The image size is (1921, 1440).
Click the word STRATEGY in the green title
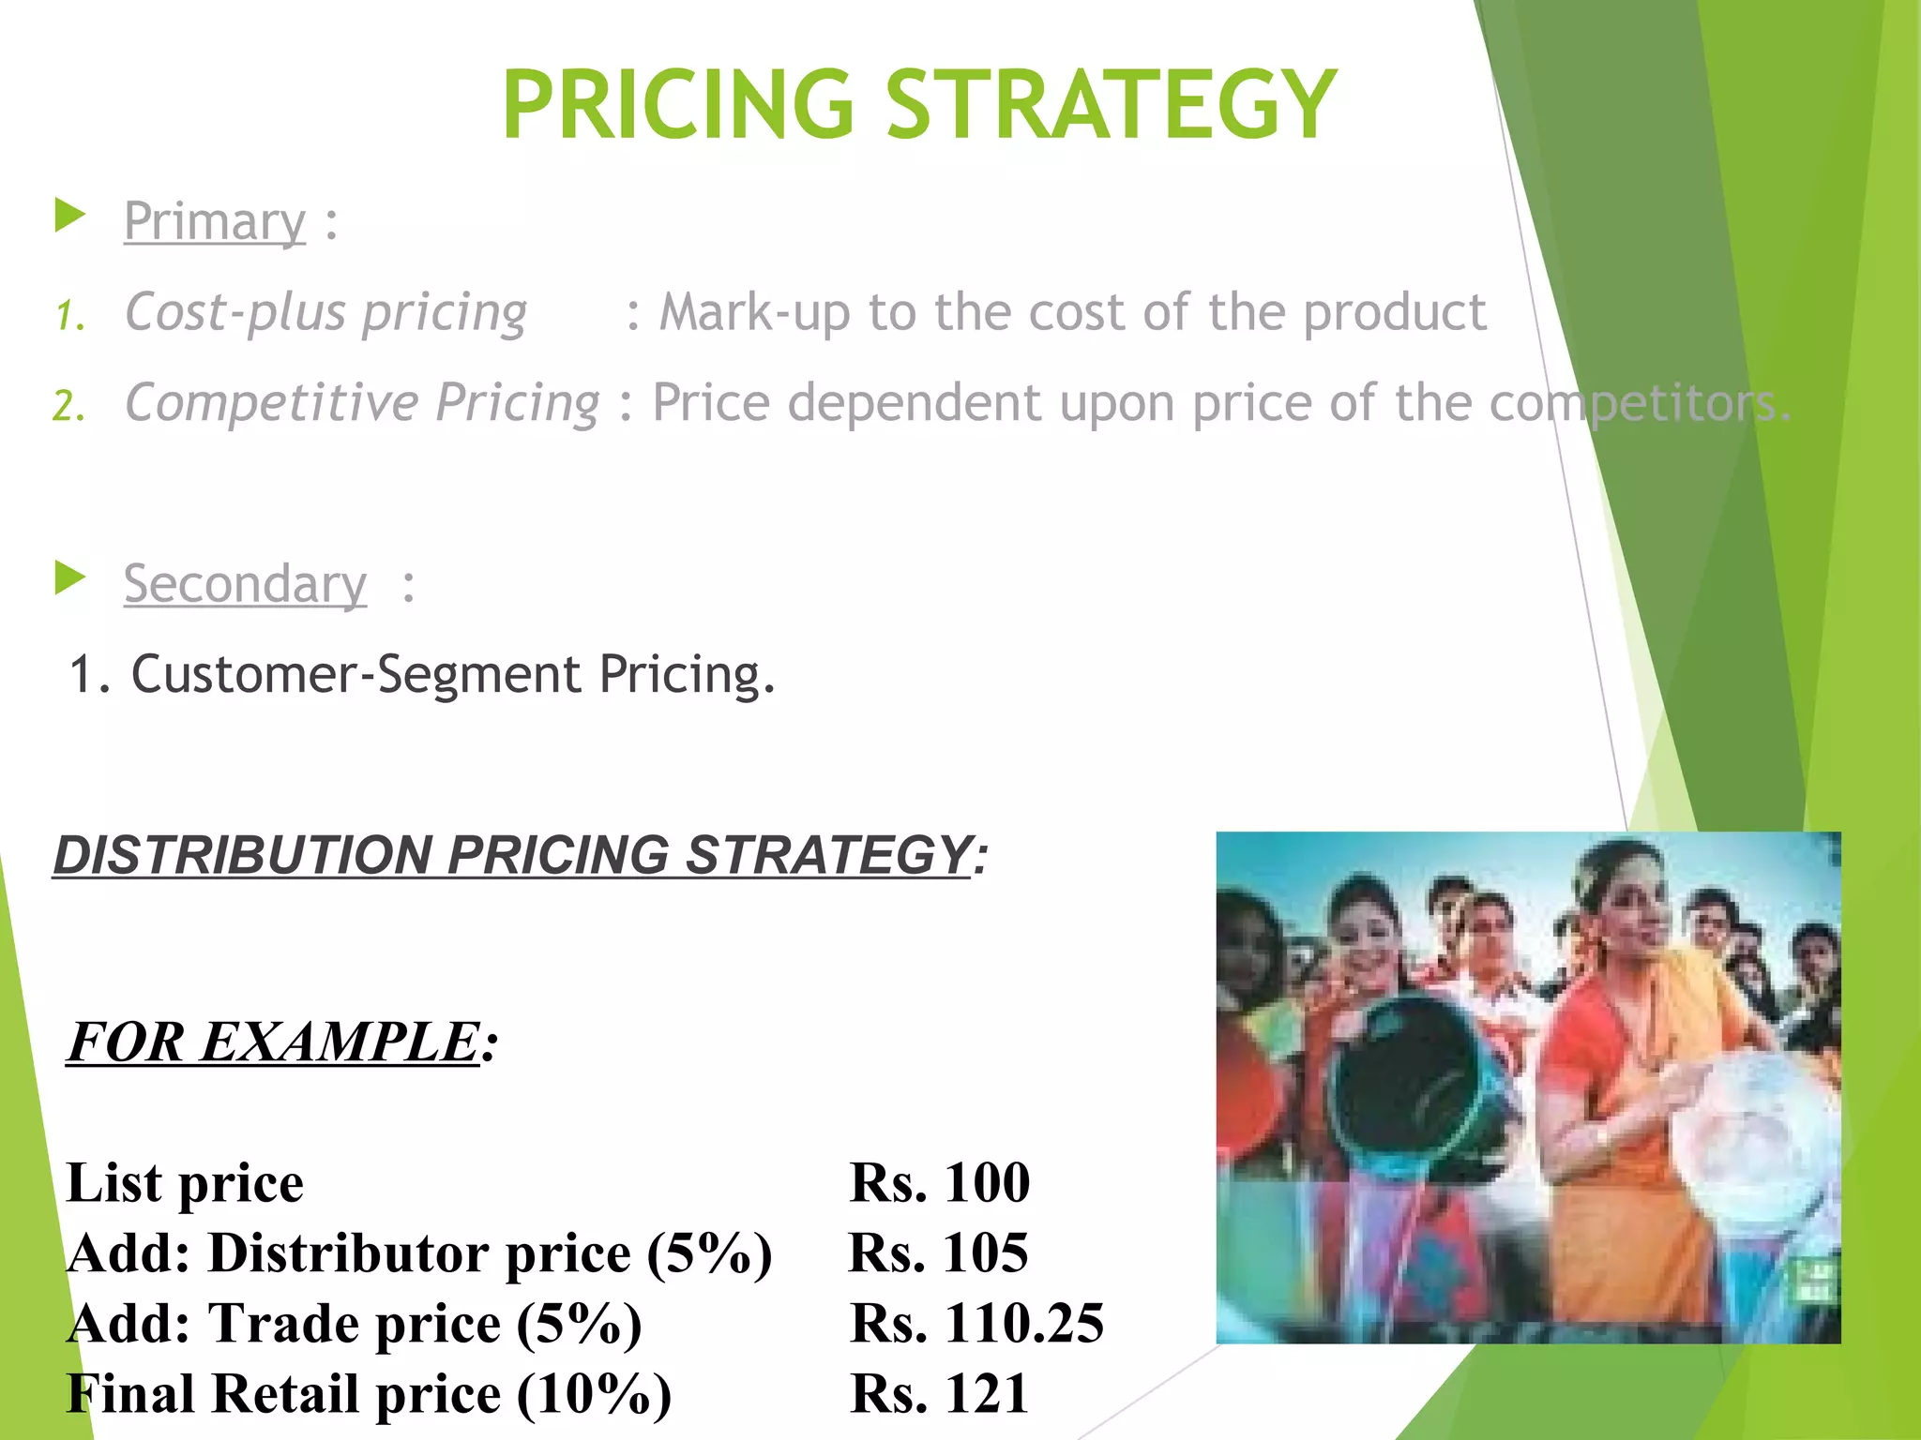pos(1111,105)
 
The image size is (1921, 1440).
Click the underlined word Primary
pos(215,223)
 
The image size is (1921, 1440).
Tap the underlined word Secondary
pos(245,585)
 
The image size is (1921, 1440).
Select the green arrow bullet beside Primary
pos(69,216)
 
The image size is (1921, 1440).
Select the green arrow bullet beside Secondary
pos(69,577)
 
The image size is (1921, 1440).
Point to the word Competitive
pos(272,404)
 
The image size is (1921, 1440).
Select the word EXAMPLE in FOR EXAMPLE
pos(340,1042)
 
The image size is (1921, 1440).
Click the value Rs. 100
pos(939,1182)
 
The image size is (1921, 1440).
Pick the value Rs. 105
pos(938,1252)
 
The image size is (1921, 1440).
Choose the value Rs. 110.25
pos(976,1323)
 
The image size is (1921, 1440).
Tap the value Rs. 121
pos(939,1393)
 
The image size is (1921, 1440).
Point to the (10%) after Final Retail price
pos(594,1394)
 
